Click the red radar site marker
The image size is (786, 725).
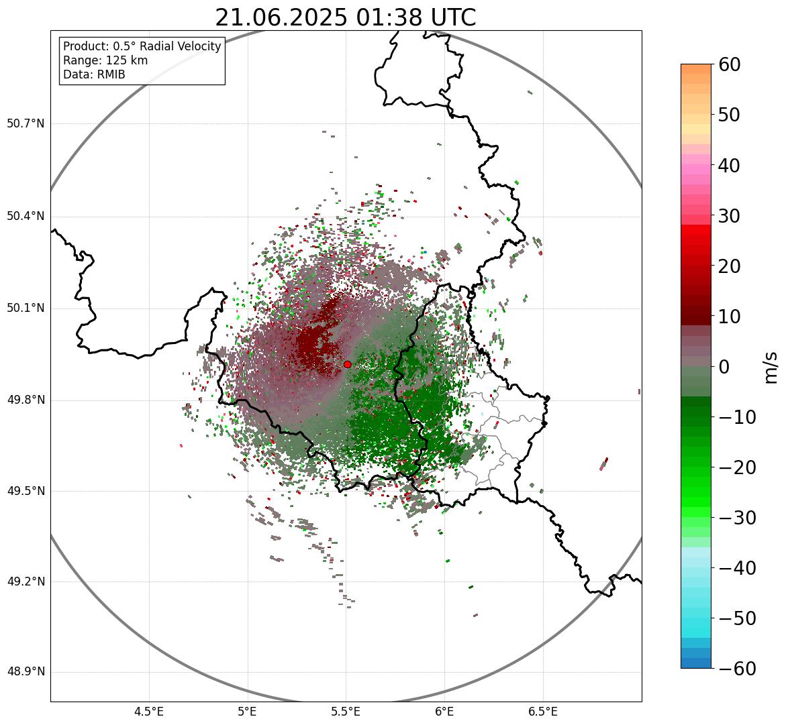347,364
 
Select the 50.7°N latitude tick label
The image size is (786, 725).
26,124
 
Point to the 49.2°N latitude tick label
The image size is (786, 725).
26,581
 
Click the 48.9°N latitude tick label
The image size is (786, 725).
26,672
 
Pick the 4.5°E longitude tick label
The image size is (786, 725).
149,712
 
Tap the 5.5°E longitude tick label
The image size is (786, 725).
346,712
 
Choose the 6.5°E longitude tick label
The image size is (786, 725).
542,712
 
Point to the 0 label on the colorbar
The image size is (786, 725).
725,367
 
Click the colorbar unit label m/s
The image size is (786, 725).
771,367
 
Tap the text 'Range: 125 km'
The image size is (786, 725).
105,60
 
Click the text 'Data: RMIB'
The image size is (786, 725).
94,74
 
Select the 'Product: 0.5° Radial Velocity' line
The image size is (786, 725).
142,46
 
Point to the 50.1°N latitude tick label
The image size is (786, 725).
26,309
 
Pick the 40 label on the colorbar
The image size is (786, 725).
734,165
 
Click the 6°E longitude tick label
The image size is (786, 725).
444,712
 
